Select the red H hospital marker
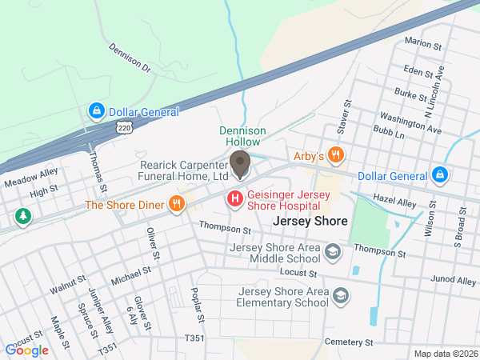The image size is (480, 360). (x=235, y=198)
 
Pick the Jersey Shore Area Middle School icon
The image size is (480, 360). (x=334, y=254)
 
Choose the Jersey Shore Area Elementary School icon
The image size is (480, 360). (x=342, y=297)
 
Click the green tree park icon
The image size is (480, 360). (x=22, y=216)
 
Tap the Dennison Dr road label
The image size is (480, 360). (x=129, y=58)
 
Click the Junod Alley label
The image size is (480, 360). (x=454, y=281)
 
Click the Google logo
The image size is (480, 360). (x=26, y=350)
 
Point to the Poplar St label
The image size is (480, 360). (x=198, y=306)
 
